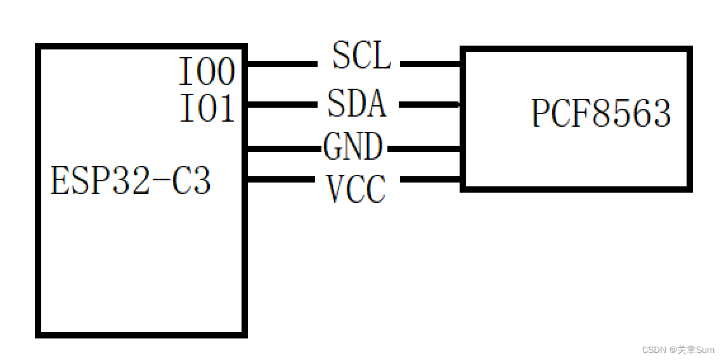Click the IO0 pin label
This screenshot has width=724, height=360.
[207, 72]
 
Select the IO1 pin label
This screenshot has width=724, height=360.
[207, 108]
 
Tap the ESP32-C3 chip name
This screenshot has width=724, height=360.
[131, 181]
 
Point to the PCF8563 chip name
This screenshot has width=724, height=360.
[601, 114]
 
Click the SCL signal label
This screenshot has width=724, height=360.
[361, 56]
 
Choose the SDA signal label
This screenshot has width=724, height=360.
[357, 103]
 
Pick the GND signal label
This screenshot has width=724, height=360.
[353, 147]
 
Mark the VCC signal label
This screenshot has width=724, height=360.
[356, 189]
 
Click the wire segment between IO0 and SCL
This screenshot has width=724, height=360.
[282, 64]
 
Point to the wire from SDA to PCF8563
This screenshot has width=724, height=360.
[429, 105]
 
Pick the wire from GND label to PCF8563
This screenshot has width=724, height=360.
[423, 149]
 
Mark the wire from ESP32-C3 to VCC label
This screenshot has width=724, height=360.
[282, 180]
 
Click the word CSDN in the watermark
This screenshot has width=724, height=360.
[652, 350]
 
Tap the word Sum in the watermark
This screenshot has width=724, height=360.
[705, 350]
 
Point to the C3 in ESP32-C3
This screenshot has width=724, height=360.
[193, 181]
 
